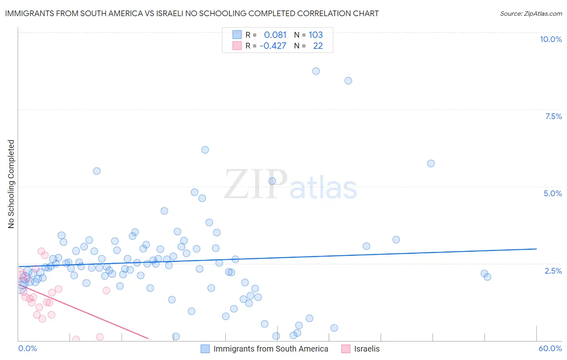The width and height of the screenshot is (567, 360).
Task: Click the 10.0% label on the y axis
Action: [x=550, y=39]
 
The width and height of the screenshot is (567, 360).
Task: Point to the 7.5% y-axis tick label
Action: [x=553, y=116]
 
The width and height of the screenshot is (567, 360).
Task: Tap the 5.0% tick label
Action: [x=552, y=193]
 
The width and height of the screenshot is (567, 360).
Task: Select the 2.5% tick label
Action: [x=553, y=271]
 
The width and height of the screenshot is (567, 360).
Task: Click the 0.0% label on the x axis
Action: [x=27, y=348]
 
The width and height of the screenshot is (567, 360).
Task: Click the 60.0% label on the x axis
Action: [x=550, y=348]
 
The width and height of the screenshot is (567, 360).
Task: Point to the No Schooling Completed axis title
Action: [x=11, y=184]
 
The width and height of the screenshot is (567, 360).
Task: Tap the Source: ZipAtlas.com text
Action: [x=531, y=13]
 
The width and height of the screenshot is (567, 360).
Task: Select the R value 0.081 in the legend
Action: [x=275, y=35]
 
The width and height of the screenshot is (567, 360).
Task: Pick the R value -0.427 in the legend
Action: [x=273, y=46]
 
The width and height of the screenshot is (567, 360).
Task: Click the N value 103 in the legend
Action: [x=316, y=35]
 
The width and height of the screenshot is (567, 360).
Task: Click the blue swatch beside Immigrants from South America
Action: [x=205, y=349]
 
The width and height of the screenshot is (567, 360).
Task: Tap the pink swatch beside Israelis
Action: [x=346, y=349]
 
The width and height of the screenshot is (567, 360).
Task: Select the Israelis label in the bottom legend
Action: [x=367, y=349]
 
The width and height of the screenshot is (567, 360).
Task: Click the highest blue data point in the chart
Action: [x=316, y=71]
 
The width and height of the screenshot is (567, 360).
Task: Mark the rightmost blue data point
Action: [x=487, y=277]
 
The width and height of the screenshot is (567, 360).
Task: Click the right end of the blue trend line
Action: [x=536, y=249]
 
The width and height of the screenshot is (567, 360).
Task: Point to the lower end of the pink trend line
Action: [x=148, y=339]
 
